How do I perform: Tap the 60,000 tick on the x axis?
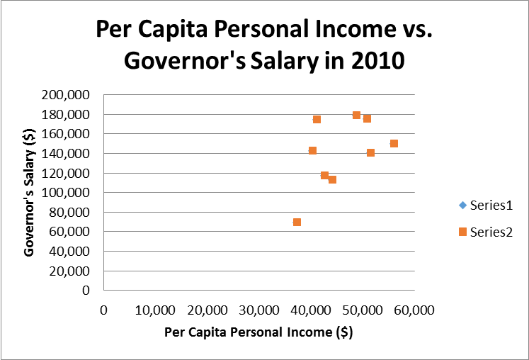click(x=414, y=310)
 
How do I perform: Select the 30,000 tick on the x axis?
click(x=259, y=310)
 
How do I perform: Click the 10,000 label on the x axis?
click(x=155, y=310)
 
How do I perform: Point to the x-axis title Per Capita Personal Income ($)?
click(x=258, y=332)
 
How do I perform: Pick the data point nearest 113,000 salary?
click(x=332, y=179)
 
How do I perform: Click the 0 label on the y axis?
click(x=86, y=290)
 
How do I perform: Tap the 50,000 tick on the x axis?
click(x=363, y=310)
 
